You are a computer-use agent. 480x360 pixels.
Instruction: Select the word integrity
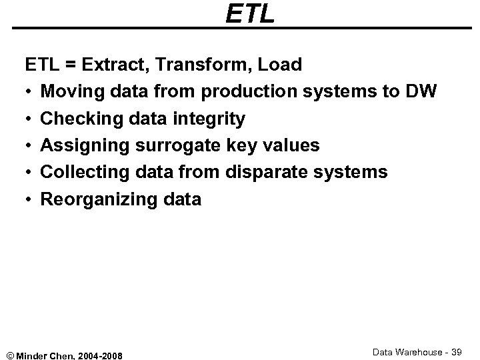point(210,119)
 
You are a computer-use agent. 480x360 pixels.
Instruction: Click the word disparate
point(270,172)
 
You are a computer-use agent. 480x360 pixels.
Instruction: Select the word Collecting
point(84,172)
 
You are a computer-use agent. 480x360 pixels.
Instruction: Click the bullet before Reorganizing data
point(30,199)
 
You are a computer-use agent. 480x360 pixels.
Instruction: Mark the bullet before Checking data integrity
point(30,119)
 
